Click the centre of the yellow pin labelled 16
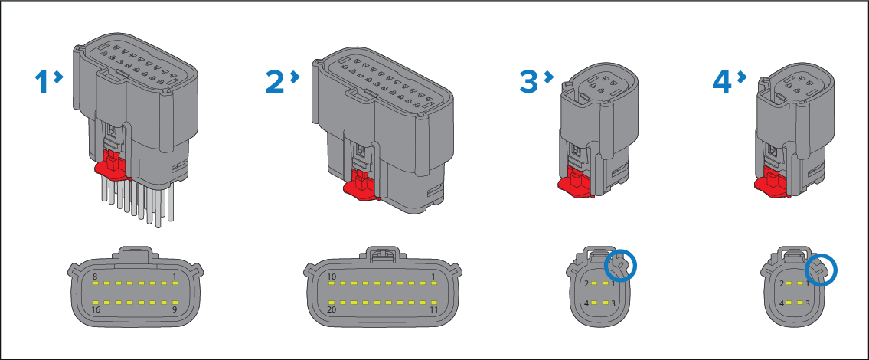pos(96,303)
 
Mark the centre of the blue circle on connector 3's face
pos(621,265)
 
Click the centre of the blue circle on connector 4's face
pos(820,270)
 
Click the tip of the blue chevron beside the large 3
pos(553,77)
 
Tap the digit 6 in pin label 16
pos(99,309)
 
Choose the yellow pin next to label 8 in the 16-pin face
pos(96,283)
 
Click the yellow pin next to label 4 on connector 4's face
pos(792,303)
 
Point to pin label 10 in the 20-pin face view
pos(332,277)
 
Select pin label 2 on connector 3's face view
pos(586,284)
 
